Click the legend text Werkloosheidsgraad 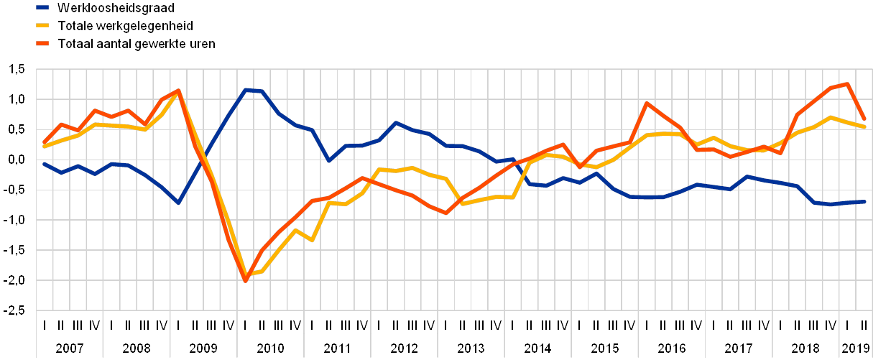click(114, 8)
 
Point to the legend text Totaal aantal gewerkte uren click(136, 44)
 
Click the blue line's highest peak click(246, 90)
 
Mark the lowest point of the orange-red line click(245, 280)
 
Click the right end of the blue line click(864, 202)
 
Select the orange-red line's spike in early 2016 click(648, 103)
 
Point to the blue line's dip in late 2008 click(178, 203)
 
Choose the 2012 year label click(405, 348)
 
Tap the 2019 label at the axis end click(856, 348)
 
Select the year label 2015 click(606, 348)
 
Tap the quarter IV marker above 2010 click(296, 325)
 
